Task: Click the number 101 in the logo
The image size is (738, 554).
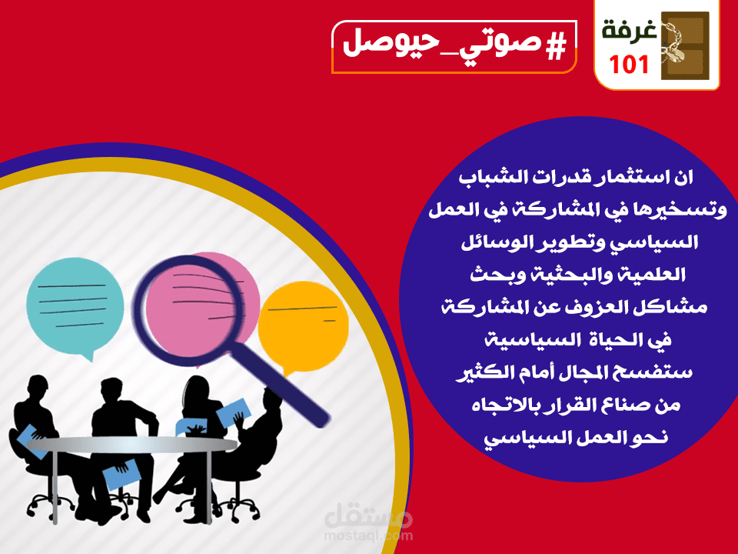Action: click(x=630, y=65)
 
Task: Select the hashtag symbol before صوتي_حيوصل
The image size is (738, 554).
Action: click(x=553, y=47)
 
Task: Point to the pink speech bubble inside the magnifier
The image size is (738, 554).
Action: click(x=196, y=300)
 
